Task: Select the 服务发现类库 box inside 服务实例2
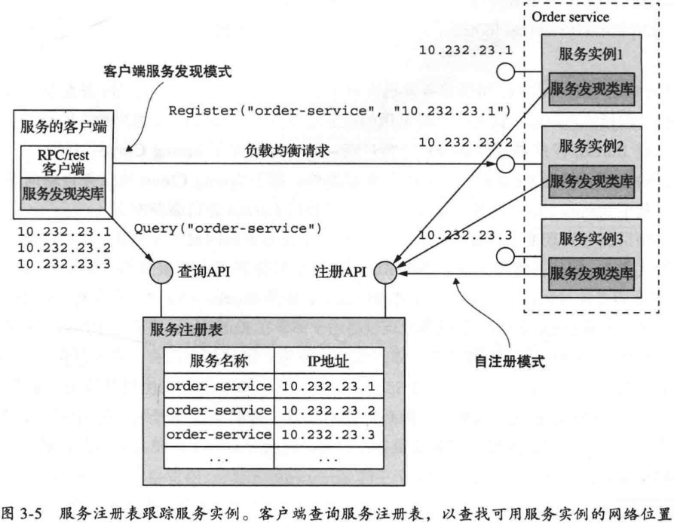[592, 180]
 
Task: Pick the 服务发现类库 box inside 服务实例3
[592, 272]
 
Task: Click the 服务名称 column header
[219, 361]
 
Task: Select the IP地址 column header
[328, 361]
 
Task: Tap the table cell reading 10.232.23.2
[328, 410]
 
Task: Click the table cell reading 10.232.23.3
[328, 434]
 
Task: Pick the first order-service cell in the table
[219, 386]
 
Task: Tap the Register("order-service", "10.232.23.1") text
[341, 112]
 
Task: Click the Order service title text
[570, 16]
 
